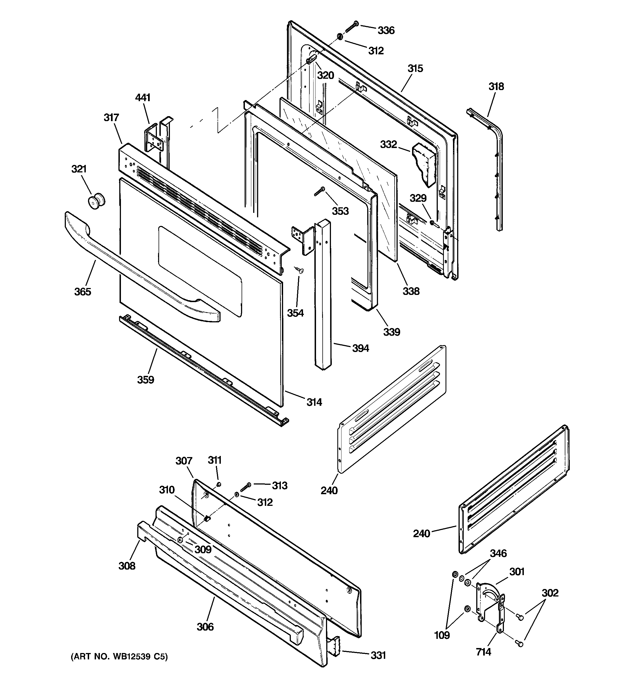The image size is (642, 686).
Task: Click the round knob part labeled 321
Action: click(x=96, y=201)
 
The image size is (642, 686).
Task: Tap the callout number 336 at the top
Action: click(x=386, y=30)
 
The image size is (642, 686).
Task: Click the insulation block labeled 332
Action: click(x=424, y=164)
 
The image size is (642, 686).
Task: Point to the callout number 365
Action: click(x=83, y=292)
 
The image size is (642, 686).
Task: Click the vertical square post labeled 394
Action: click(x=323, y=297)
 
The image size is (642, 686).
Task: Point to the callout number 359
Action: click(x=146, y=379)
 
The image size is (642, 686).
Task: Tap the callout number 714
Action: click(x=483, y=652)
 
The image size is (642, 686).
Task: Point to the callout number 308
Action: click(x=127, y=566)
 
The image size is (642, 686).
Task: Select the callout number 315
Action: click(x=415, y=69)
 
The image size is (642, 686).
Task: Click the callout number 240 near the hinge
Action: click(x=421, y=534)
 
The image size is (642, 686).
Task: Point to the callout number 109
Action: click(x=442, y=635)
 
